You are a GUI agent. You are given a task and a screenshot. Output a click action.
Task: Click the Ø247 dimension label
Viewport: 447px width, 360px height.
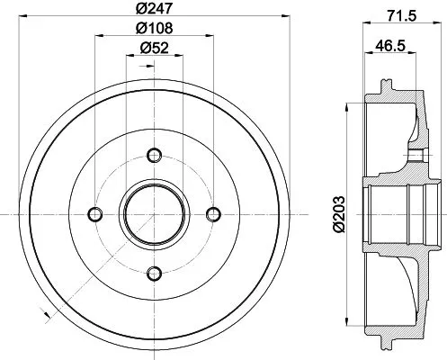tap(153, 10)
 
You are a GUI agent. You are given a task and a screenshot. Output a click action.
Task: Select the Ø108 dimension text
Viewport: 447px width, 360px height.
tap(153, 29)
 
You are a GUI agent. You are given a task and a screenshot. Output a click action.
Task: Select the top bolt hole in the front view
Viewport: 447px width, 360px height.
tap(153, 152)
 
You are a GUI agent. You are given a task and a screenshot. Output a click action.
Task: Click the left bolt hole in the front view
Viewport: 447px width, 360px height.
tap(93, 213)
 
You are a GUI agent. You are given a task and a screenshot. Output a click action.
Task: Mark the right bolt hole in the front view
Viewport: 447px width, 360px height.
tap(214, 213)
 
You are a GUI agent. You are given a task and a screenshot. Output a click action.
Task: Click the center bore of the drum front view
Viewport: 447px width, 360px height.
tap(153, 213)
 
